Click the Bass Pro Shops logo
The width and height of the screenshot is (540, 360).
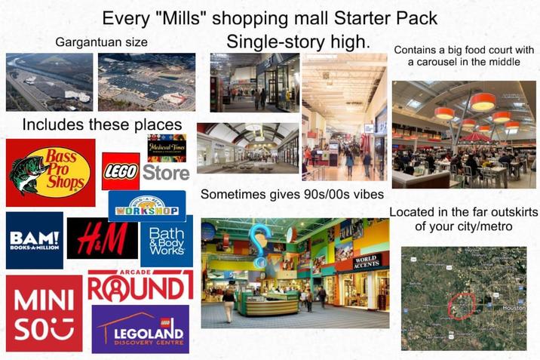tap(51, 172)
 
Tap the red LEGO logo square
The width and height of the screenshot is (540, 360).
tap(120, 171)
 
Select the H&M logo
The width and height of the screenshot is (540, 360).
tap(102, 238)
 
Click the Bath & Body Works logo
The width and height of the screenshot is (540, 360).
tap(166, 240)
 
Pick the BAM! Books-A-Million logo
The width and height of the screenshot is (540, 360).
tap(34, 240)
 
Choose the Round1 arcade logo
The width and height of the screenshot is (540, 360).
tap(140, 287)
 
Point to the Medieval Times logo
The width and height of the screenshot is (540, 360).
tap(167, 146)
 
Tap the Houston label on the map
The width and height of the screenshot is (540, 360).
tap(513, 307)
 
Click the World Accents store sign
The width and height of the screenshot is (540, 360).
tap(367, 261)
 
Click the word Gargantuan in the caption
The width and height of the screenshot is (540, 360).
tap(84, 42)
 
